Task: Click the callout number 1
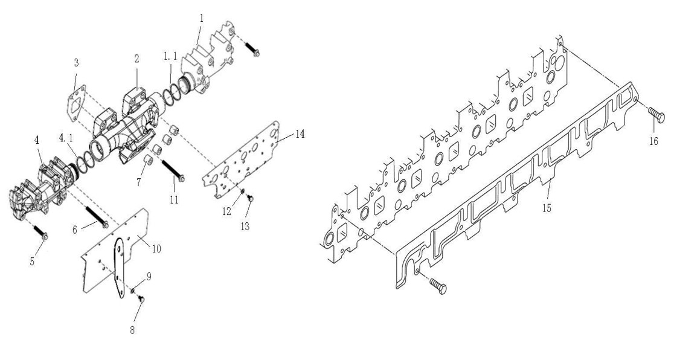coord(201,18)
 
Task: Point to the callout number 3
coord(76,63)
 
